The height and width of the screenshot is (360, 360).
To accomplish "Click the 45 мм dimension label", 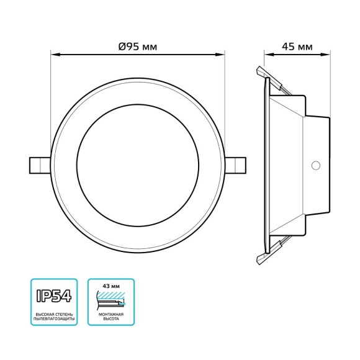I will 297,47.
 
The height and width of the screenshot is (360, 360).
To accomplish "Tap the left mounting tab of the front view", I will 39,165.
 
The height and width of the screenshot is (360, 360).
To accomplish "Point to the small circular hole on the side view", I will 315,165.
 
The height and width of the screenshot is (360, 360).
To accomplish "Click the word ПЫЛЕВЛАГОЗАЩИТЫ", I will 54,321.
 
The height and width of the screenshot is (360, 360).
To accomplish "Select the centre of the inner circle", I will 137,165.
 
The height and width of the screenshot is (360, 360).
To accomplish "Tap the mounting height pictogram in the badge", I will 110,301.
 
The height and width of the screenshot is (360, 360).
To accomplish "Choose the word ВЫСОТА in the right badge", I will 111,321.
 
